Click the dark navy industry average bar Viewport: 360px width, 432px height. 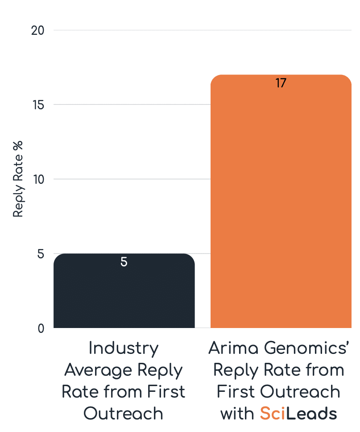click(x=124, y=295)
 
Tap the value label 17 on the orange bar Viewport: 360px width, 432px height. click(x=281, y=83)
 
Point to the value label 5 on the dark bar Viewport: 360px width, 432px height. click(x=124, y=262)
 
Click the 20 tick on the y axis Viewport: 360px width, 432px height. click(x=38, y=30)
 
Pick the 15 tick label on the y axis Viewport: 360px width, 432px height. click(x=38, y=105)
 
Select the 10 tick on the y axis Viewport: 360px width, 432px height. click(x=38, y=179)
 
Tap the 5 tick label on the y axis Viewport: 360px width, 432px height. click(x=41, y=253)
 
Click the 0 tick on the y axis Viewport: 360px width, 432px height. click(x=41, y=328)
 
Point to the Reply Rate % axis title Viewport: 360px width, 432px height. click(x=18, y=179)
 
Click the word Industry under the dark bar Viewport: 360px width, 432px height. click(x=124, y=348)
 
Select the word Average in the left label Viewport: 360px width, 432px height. click(x=98, y=370)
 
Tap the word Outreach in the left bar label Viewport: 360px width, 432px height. click(x=124, y=414)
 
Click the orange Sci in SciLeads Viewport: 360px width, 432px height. click(x=272, y=414)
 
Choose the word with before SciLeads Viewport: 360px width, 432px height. click(x=238, y=414)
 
